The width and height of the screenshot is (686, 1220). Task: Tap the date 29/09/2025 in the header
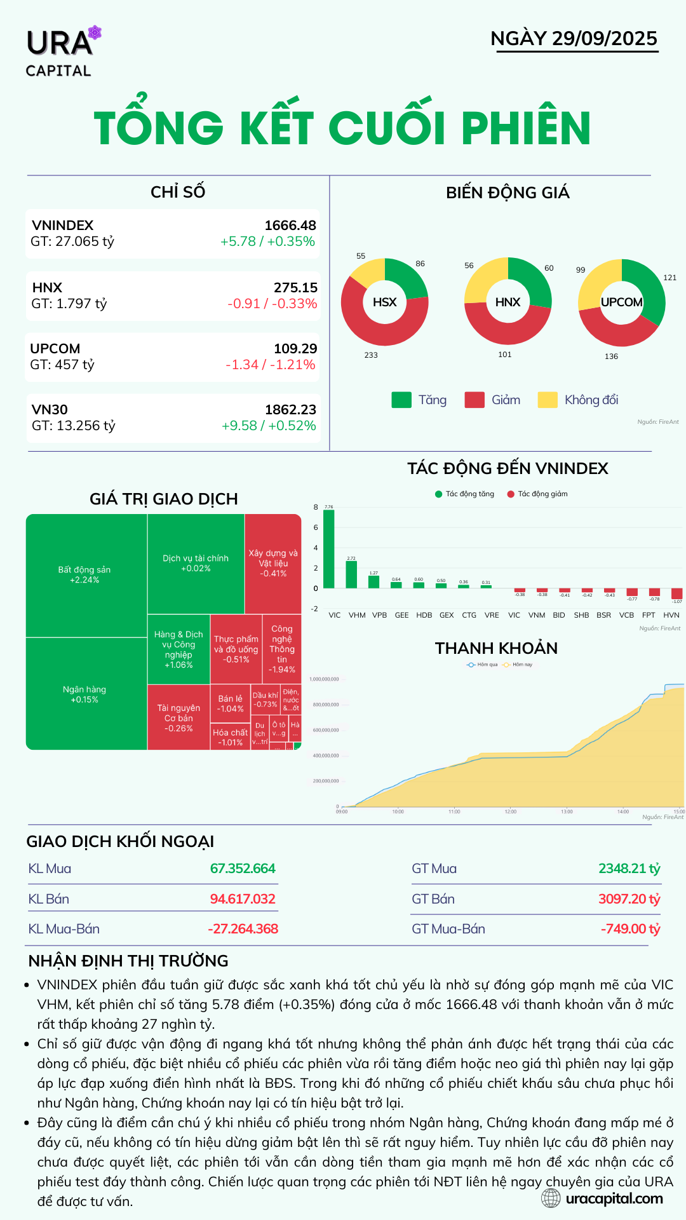point(604,38)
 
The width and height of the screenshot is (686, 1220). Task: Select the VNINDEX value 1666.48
point(290,226)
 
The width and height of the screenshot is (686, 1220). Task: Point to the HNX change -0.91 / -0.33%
point(272,304)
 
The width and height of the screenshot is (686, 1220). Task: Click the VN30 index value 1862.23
point(290,410)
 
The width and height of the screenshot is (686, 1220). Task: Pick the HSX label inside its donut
point(384,302)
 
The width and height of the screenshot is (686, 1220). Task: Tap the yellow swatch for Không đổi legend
point(547,400)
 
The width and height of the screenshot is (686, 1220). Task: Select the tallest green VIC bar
point(328,548)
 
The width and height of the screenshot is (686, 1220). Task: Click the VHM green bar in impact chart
point(351,574)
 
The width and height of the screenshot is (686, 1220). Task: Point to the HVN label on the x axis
point(671,615)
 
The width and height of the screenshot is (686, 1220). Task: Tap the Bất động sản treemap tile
point(85,574)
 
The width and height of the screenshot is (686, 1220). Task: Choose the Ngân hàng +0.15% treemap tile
point(84,694)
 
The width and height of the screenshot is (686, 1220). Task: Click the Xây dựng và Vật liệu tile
point(273,563)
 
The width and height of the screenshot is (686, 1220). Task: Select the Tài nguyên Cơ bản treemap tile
point(178,717)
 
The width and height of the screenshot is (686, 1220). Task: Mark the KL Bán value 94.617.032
point(243,899)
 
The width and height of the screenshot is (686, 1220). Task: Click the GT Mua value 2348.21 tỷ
point(629,869)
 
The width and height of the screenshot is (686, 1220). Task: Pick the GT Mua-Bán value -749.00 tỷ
point(630,929)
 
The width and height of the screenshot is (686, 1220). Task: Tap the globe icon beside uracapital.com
point(551,1198)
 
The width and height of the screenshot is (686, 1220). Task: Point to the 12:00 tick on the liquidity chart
point(510,811)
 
